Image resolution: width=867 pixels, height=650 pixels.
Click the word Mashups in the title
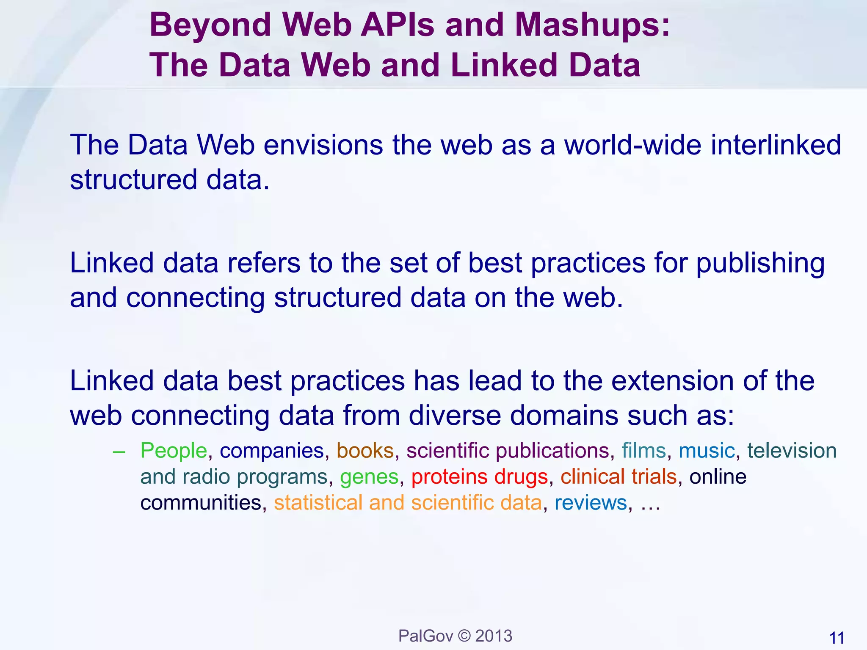(592, 25)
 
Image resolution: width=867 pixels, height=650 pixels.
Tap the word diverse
(455, 416)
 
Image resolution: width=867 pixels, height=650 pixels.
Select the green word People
(174, 451)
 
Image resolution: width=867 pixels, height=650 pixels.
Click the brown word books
(365, 451)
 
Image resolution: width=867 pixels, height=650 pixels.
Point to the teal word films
(644, 451)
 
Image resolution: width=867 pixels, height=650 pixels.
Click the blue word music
(707, 451)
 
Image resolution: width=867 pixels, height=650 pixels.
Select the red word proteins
(449, 477)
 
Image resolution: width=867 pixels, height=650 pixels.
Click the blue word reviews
(591, 503)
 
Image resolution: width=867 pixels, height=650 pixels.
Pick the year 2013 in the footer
(494, 636)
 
